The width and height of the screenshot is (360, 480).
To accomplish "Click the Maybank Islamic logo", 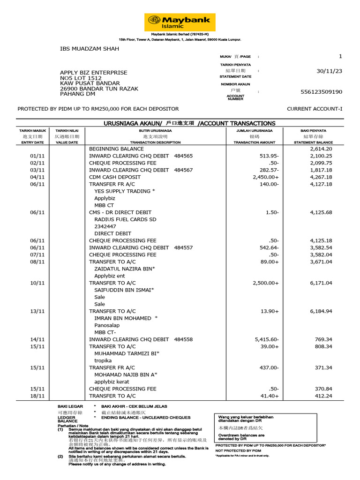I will (x=180, y=22).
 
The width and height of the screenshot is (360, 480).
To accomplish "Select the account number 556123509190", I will (x=321, y=92).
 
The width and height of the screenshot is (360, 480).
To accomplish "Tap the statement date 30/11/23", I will (x=330, y=71).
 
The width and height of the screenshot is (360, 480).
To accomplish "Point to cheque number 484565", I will (x=183, y=156).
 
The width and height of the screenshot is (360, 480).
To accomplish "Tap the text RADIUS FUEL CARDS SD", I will (x=125, y=219).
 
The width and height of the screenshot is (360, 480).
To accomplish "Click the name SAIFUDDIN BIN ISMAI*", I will (x=124, y=290).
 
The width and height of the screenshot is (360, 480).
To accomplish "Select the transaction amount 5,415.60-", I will (x=267, y=339).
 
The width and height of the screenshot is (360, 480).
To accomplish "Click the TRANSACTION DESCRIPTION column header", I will (x=155, y=142).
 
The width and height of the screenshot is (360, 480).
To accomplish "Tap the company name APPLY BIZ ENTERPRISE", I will (x=93, y=73).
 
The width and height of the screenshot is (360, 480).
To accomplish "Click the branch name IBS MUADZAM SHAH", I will (x=90, y=49).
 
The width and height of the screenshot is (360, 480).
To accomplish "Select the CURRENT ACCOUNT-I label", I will (x=315, y=109).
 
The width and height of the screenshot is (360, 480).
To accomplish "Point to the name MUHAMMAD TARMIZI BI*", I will (x=127, y=353).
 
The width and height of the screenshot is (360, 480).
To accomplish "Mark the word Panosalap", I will (x=107, y=325).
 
